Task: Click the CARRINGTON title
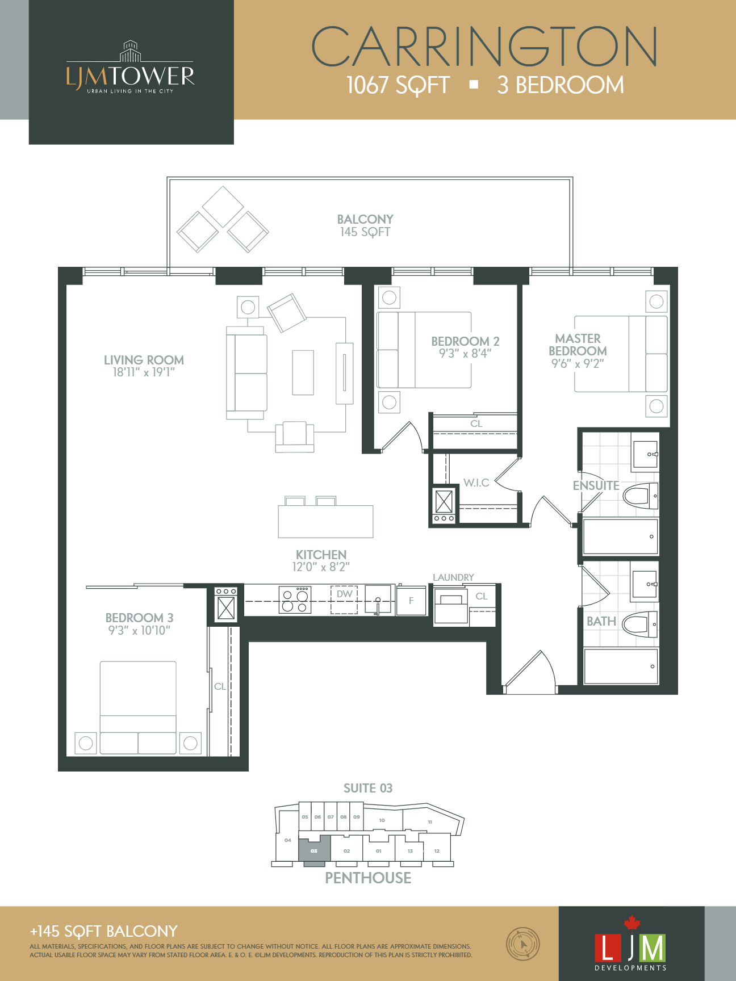click(484, 47)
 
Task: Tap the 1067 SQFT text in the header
click(398, 85)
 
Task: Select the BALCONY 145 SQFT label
click(365, 225)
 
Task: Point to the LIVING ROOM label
click(144, 360)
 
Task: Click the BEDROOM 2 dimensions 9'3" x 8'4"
click(465, 354)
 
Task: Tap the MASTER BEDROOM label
click(578, 345)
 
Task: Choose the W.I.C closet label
click(476, 483)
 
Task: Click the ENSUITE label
click(596, 485)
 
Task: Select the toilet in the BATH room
click(639, 624)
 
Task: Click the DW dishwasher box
click(344, 599)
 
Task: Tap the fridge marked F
click(411, 601)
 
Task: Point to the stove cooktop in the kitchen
click(295, 600)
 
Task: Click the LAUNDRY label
click(453, 577)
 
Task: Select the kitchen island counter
click(325, 521)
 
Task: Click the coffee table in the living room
click(303, 372)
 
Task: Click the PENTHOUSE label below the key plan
click(368, 878)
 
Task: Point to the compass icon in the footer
click(522, 944)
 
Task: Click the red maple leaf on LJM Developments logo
click(632, 922)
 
